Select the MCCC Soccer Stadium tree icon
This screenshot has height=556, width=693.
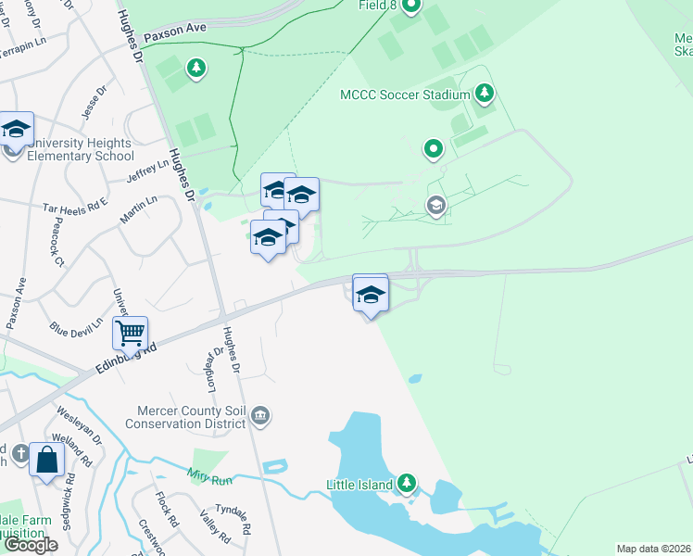click(x=484, y=94)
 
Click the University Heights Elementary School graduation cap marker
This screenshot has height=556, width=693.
click(x=16, y=129)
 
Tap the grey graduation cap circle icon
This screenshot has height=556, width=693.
click(x=436, y=206)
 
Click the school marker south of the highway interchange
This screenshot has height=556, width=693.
click(x=370, y=295)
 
